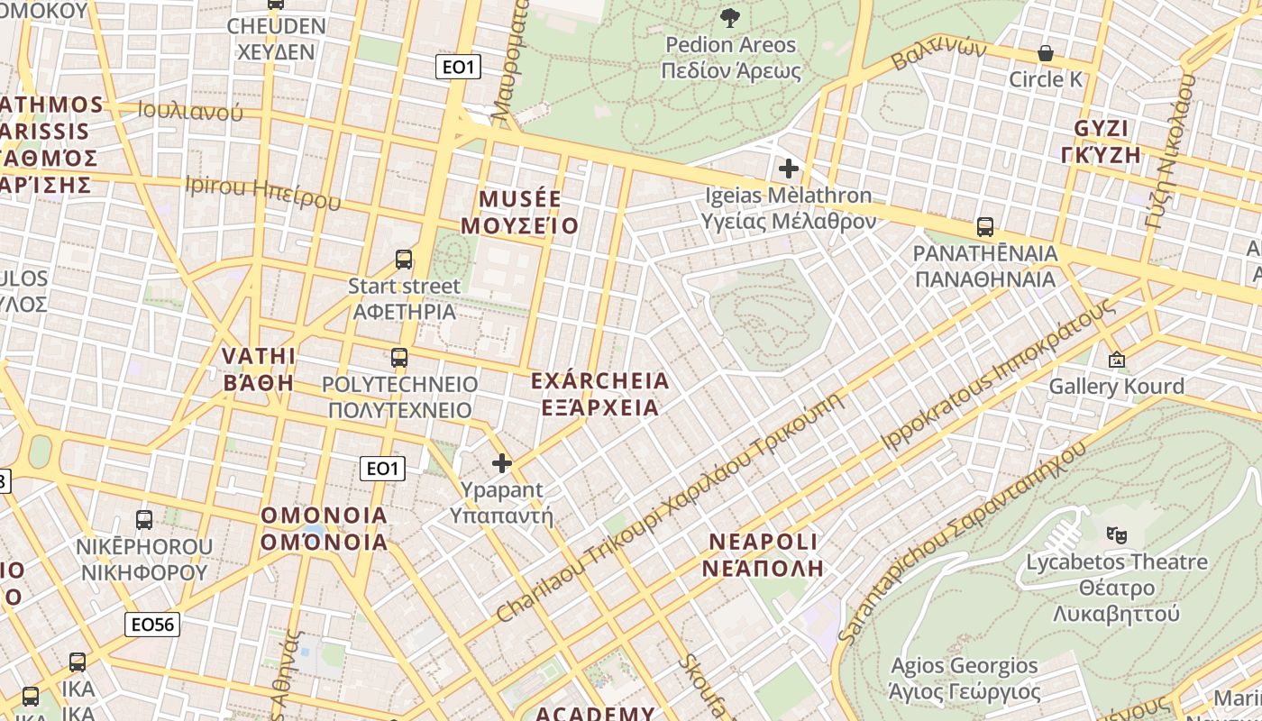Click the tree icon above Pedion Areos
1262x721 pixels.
click(x=730, y=17)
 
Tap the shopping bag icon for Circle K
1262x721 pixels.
click(x=1046, y=53)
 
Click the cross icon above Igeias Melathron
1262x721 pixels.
click(x=789, y=168)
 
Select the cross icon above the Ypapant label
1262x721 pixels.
click(x=502, y=463)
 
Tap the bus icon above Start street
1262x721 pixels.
click(x=404, y=260)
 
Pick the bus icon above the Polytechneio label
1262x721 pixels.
click(x=399, y=358)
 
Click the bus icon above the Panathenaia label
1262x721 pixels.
click(x=985, y=227)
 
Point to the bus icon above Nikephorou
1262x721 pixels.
click(x=144, y=520)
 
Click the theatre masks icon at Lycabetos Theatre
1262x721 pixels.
click(x=1117, y=534)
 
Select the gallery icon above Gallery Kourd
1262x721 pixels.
click(x=1117, y=360)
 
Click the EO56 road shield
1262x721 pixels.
click(x=152, y=624)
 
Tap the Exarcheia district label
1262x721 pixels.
click(x=600, y=394)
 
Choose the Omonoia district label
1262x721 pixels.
click(x=325, y=529)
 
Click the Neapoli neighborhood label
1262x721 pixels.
click(x=764, y=554)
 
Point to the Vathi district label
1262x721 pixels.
click(x=260, y=369)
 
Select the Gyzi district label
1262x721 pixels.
click(x=1102, y=141)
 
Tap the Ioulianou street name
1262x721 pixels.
click(x=190, y=111)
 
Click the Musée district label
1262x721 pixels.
click(x=520, y=212)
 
